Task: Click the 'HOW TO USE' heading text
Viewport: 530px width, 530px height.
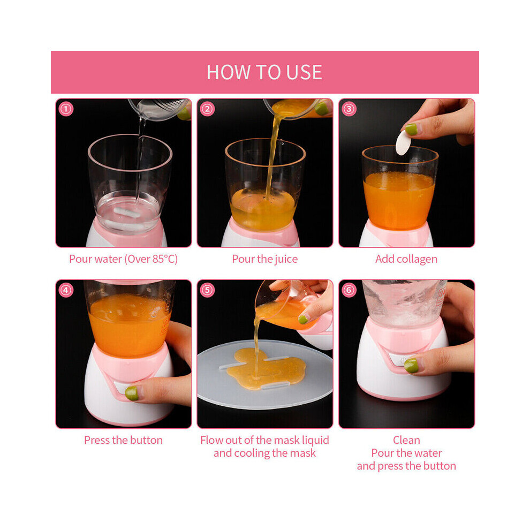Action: click(264, 72)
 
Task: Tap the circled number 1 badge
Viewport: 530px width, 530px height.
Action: click(66, 109)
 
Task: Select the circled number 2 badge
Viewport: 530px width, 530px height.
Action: click(207, 109)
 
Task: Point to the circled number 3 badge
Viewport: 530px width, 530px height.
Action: click(349, 109)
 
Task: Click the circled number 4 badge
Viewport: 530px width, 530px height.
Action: click(66, 290)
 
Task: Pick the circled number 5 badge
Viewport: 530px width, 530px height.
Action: click(207, 290)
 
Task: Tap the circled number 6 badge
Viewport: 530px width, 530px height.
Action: click(349, 290)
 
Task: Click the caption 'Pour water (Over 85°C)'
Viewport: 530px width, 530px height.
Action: click(123, 259)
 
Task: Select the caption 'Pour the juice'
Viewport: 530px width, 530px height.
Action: click(264, 259)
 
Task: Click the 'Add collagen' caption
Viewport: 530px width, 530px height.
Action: click(406, 259)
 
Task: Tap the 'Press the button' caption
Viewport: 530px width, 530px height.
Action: click(123, 440)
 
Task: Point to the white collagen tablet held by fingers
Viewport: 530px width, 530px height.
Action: click(403, 142)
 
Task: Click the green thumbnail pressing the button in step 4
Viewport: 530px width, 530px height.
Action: click(132, 393)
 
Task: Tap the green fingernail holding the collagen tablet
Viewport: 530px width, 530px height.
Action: click(411, 130)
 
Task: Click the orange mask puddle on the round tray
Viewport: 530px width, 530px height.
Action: click(266, 369)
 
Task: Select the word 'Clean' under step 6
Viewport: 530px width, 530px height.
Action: click(406, 440)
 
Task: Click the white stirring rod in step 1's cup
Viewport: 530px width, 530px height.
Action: click(127, 213)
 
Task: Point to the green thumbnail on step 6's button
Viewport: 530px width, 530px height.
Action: click(411, 366)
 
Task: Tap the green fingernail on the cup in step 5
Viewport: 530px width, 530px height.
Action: click(303, 319)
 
